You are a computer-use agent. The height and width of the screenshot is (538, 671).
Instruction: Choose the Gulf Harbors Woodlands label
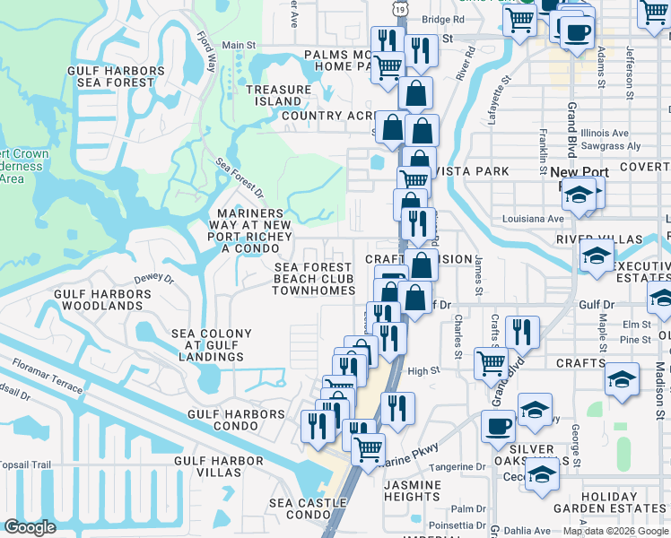tap(98, 299)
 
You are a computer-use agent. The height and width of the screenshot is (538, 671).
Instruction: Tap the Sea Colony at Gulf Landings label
tap(212, 346)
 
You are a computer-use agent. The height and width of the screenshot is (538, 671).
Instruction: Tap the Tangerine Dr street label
tap(461, 467)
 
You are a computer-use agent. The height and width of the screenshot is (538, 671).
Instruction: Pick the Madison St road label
tap(659, 377)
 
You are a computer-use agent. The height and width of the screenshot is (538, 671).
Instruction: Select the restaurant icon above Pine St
tap(521, 332)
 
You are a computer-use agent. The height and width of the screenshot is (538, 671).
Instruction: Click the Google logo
tap(30, 527)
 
